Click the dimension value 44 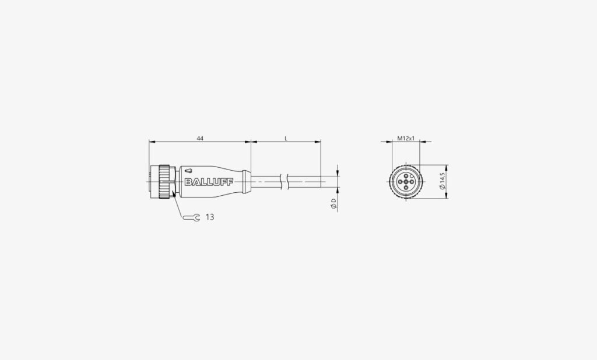[200, 139]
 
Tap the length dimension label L [286, 139]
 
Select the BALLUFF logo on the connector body [209, 182]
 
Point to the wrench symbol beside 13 [191, 217]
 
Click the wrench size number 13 [210, 217]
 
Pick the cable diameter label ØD [333, 204]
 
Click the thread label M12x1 [406, 139]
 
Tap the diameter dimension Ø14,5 [442, 181]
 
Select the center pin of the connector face [406, 182]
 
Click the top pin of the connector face [406, 176]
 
